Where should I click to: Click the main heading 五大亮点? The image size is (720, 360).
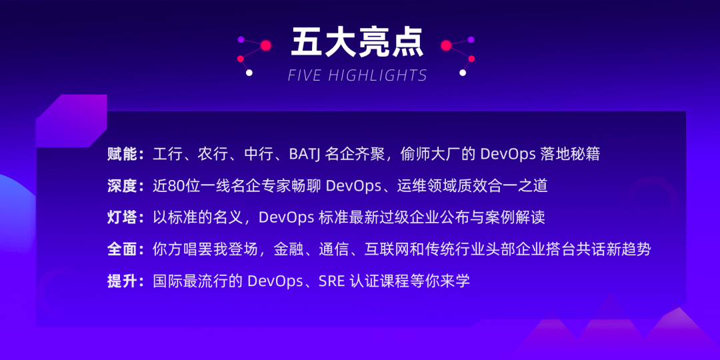[357, 43]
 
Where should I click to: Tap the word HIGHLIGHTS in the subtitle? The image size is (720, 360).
[378, 75]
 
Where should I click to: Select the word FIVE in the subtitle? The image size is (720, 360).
[305, 75]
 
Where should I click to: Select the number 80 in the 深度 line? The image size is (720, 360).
[176, 186]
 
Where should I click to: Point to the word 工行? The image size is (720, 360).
[168, 154]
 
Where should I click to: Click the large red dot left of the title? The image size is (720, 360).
[266, 45]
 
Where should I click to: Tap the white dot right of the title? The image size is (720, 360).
[463, 73]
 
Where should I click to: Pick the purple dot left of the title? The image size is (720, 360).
[241, 39]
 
